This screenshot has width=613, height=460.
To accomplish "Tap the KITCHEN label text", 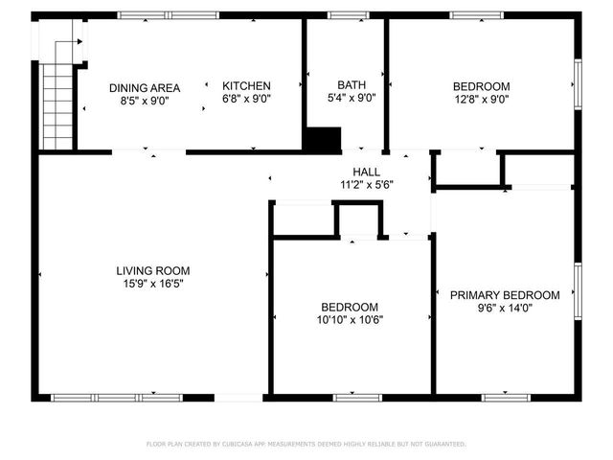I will (246, 85).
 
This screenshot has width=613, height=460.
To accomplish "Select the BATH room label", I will (352, 85).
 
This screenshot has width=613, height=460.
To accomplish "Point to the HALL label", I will (365, 172).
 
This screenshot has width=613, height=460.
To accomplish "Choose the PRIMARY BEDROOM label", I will (505, 295).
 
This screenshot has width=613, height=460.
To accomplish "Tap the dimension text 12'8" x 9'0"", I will (481, 98).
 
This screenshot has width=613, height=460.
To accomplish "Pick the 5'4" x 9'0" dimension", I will (352, 98).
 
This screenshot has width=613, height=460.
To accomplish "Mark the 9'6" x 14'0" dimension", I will (505, 309).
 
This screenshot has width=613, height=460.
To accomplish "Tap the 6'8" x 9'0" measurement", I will (246, 98).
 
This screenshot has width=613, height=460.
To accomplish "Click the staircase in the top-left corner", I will (58, 95).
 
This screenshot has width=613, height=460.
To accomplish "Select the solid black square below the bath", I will (322, 140).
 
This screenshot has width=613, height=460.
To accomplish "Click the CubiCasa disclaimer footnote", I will (306, 445).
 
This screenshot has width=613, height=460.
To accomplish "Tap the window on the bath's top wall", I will (342, 15).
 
